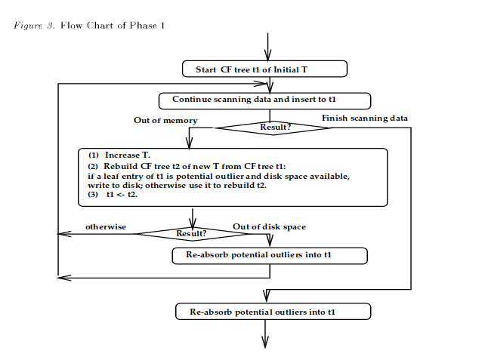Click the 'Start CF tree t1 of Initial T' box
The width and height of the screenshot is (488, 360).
pyautogui.click(x=264, y=69)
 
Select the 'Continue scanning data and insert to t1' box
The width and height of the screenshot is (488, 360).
pyautogui.click(x=264, y=100)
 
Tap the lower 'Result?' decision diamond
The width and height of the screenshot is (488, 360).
pyautogui.click(x=191, y=233)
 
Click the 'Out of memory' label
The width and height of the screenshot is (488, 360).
pyautogui.click(x=165, y=120)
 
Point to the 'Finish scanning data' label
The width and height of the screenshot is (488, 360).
pyautogui.click(x=365, y=118)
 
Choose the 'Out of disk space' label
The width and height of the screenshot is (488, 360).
pyautogui.click(x=269, y=226)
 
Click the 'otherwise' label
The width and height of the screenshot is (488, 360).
pyautogui.click(x=105, y=226)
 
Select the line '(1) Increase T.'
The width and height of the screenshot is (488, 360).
pyautogui.click(x=120, y=155)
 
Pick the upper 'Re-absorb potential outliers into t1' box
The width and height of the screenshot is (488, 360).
pyautogui.click(x=270, y=256)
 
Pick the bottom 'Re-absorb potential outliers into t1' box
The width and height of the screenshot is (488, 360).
pyautogui.click(x=273, y=311)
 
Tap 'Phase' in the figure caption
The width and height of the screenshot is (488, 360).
pyautogui.click(x=143, y=26)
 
